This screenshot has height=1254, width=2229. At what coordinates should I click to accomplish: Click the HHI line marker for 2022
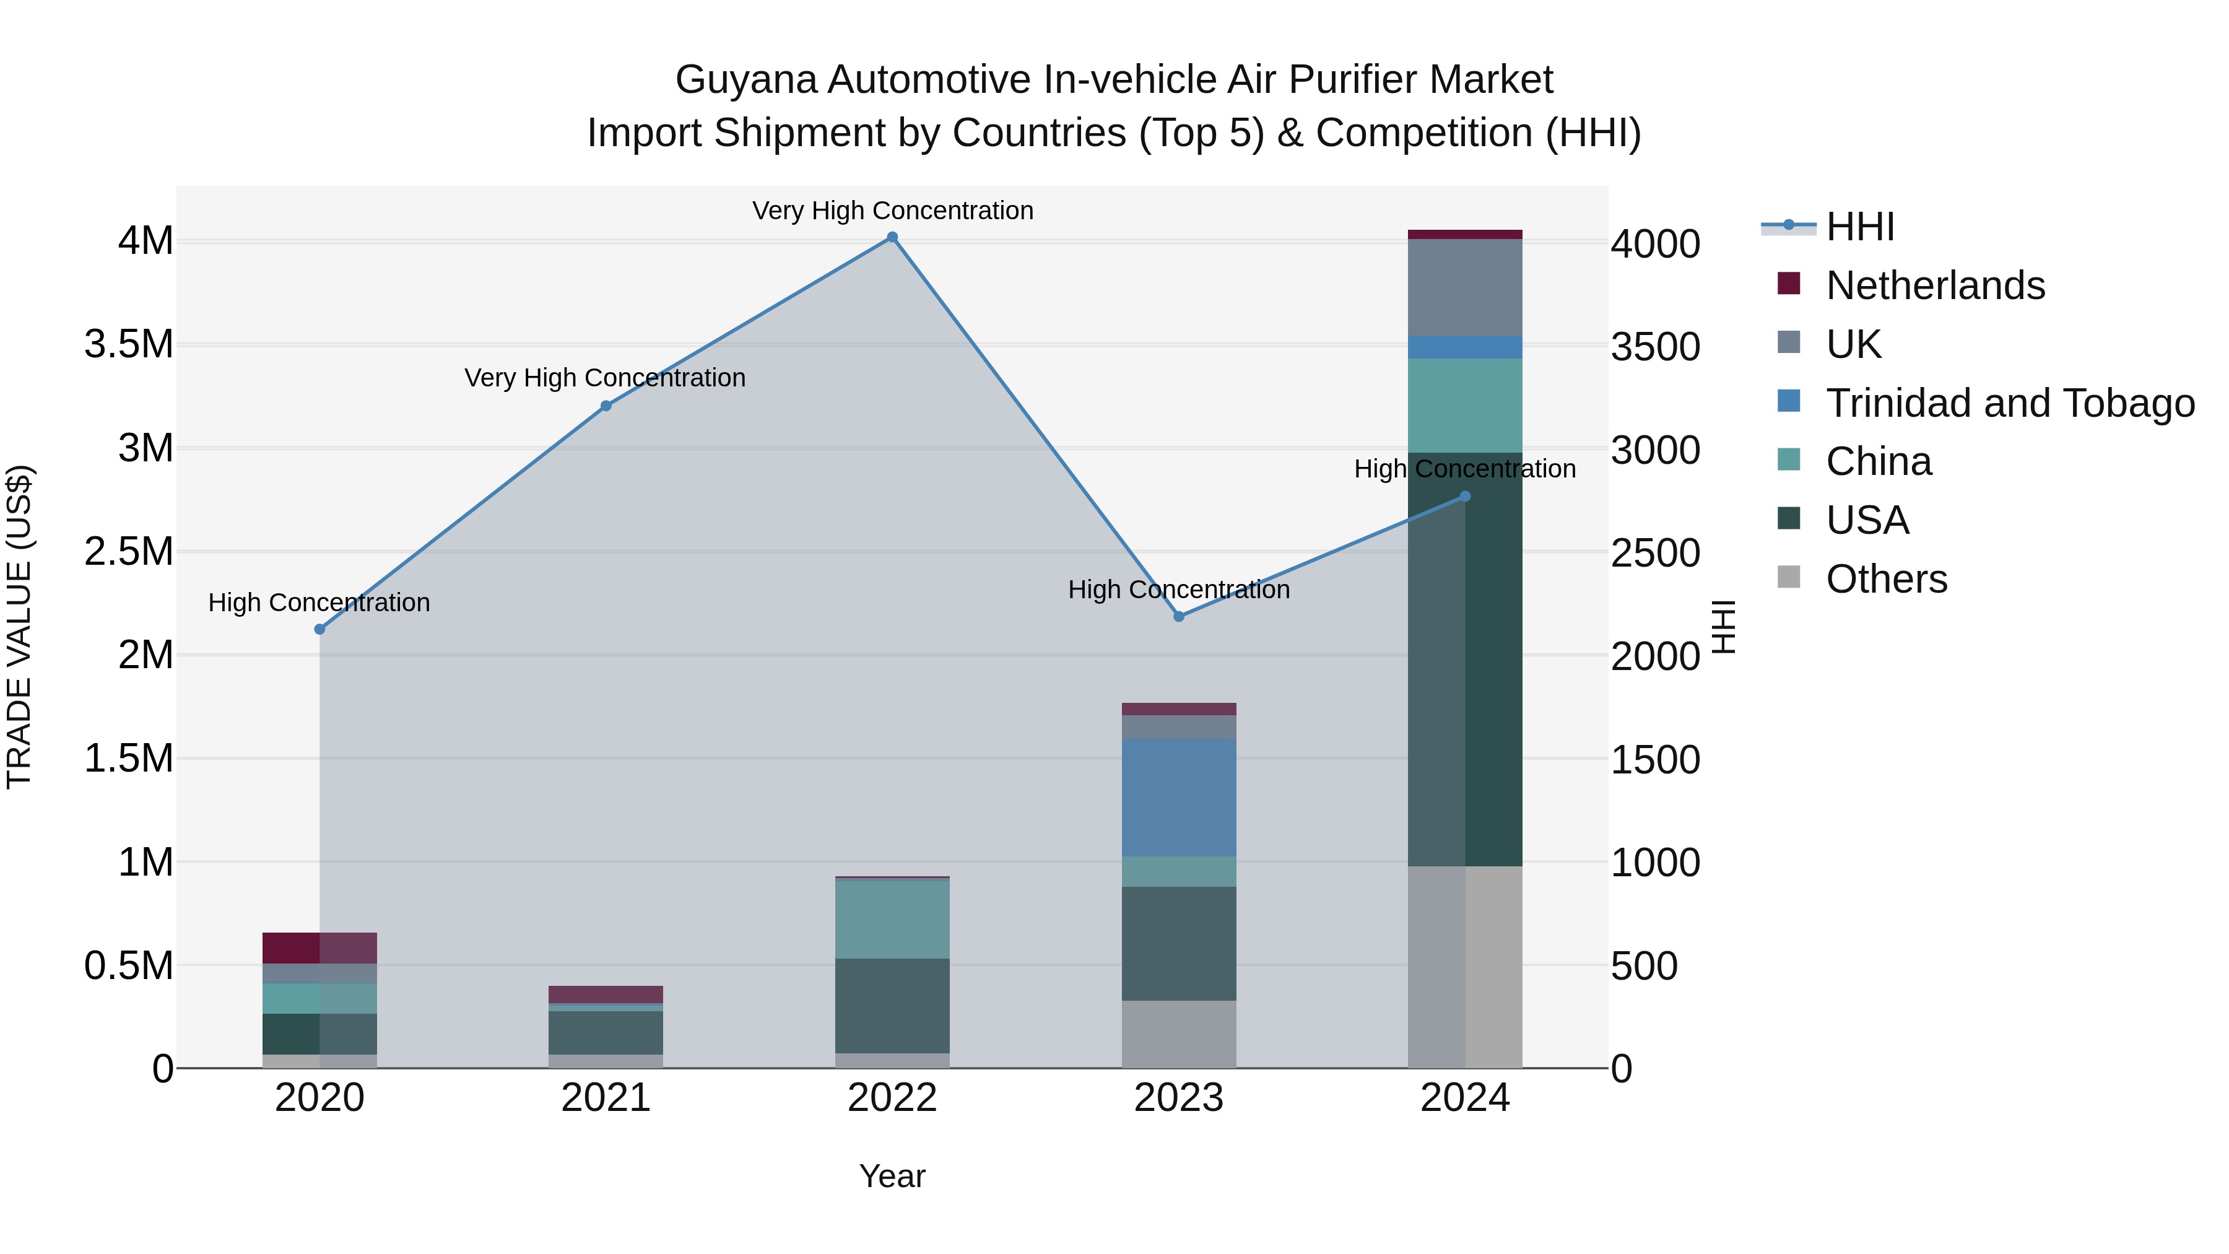pos(892,237)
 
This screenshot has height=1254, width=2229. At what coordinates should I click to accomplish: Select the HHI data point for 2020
pos(319,629)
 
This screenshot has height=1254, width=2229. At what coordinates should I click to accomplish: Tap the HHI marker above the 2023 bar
pos(1178,616)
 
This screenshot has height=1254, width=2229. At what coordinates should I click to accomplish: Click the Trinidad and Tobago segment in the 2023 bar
pos(1178,797)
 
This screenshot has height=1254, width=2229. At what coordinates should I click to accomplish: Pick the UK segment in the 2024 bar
pos(1465,287)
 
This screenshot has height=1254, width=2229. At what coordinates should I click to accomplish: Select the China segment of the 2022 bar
pos(892,918)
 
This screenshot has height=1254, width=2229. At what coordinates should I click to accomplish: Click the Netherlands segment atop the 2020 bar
pos(319,947)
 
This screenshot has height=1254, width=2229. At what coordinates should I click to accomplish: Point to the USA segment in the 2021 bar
pos(606,1032)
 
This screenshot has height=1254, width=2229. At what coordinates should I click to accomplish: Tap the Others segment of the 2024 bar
pos(1465,967)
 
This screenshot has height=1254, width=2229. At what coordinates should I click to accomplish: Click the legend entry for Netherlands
pos(1935,285)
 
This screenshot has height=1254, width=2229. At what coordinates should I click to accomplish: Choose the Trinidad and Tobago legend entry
pos(2009,403)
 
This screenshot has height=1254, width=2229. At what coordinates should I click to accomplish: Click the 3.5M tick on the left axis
pos(129,344)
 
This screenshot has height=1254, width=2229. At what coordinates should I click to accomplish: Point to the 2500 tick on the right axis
pos(1655,553)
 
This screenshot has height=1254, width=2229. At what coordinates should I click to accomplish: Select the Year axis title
pos(892,1176)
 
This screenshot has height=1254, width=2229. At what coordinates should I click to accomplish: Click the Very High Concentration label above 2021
pos(605,378)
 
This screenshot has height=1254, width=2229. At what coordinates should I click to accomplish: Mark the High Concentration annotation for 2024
pos(1464,469)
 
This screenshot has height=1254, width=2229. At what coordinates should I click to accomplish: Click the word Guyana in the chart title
pos(745,81)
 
